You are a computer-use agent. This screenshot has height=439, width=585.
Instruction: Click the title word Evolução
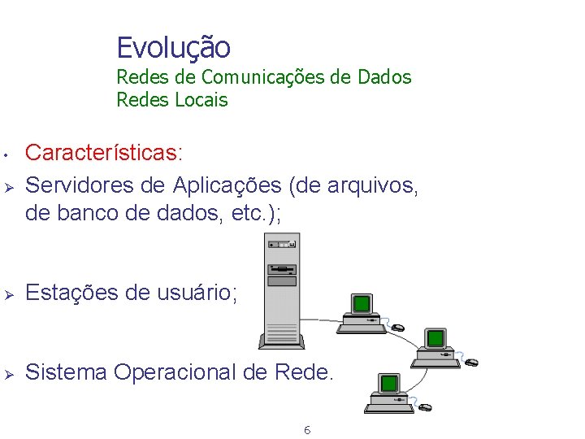coord(173,48)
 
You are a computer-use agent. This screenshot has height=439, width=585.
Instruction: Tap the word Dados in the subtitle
coord(385,77)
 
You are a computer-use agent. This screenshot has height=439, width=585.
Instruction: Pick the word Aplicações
coord(227,186)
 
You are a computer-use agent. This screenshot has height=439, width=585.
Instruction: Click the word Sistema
coord(67,372)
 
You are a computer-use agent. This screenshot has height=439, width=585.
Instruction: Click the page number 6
coord(306,429)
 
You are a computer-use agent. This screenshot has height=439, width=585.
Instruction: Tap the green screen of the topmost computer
coord(362,304)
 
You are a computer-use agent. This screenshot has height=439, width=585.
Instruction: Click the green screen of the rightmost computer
coord(436,337)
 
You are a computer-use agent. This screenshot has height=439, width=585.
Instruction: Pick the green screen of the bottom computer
coord(390,383)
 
